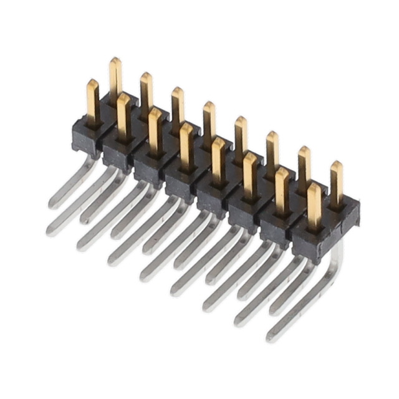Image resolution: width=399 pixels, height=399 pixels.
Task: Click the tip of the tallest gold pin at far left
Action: [115, 61]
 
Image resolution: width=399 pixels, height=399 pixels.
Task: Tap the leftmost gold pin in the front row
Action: [93, 103]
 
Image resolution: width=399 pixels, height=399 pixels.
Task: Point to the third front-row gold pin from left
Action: [155, 131]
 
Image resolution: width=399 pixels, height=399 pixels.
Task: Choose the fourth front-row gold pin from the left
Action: [186, 146]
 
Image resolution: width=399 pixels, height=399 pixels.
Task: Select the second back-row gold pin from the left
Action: [146, 94]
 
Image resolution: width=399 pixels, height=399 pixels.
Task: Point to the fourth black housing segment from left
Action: [181, 185]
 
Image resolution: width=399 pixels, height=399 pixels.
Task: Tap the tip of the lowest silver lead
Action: [272, 337]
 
